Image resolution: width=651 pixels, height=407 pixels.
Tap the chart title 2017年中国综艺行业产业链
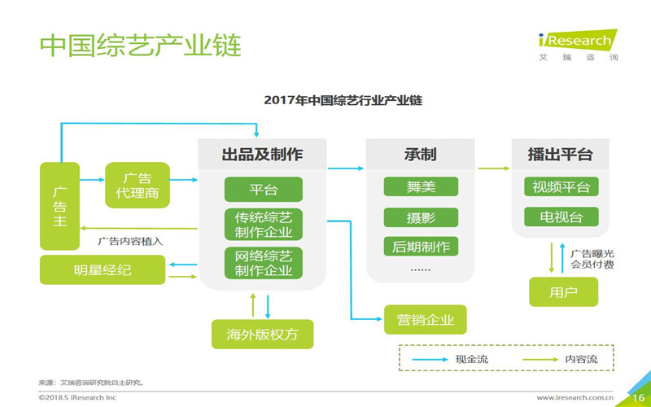(343, 100)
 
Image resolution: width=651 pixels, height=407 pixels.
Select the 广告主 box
(60, 206)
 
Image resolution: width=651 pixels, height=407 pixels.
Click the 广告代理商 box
(137, 186)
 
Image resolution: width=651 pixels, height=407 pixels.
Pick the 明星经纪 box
(102, 268)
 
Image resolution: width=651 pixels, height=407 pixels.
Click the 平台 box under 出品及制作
(263, 190)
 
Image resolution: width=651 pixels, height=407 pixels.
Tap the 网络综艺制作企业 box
(263, 263)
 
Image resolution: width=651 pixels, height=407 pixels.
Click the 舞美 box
(421, 187)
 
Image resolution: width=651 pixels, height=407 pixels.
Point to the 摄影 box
(421, 217)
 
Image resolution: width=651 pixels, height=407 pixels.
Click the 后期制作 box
(421, 246)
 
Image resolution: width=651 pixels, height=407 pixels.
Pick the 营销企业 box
(426, 318)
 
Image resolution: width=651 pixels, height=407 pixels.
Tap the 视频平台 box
(561, 187)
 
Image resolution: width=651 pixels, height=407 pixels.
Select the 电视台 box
(561, 217)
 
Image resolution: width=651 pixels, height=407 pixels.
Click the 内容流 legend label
(582, 358)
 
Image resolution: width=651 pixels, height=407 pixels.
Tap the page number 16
(638, 398)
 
